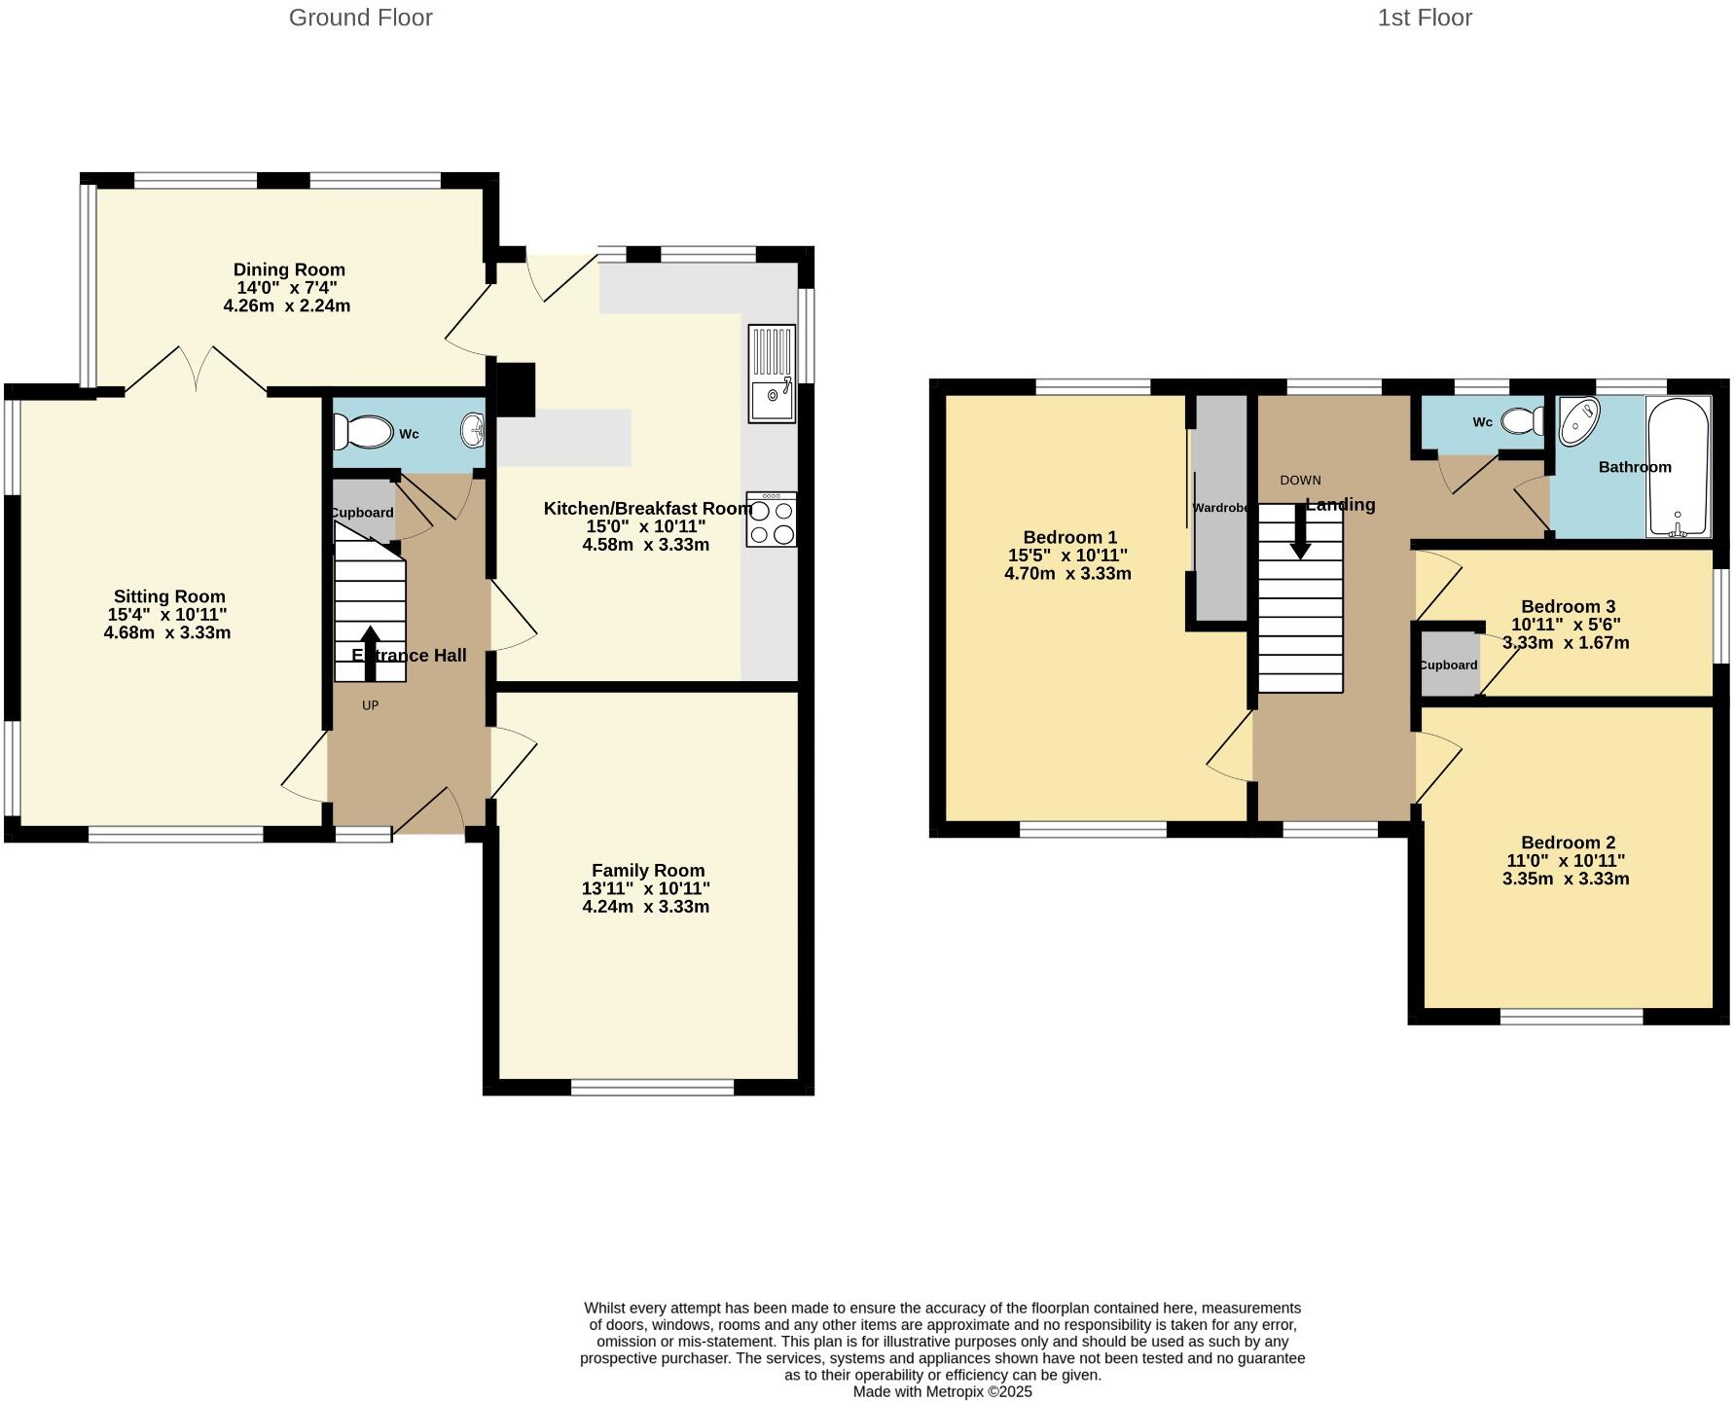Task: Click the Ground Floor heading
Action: pos(360,18)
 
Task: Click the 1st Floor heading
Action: pos(1424,18)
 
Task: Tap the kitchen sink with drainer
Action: pos(772,374)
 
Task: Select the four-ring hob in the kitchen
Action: pos(772,520)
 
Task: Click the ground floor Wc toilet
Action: pos(361,431)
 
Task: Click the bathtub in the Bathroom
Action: pos(1678,466)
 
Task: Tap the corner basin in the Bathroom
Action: pos(1578,420)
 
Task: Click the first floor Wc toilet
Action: pos(1523,420)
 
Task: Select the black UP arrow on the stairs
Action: pos(370,652)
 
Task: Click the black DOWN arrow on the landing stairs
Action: pos(1300,533)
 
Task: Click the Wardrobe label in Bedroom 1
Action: pos(1220,508)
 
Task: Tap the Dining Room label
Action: pos(289,269)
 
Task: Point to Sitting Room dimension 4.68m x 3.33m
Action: pos(167,632)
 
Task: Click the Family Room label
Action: pos(648,871)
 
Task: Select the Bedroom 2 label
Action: pos(1568,843)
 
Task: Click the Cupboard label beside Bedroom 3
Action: pos(1448,665)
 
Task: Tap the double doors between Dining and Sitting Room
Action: pos(196,370)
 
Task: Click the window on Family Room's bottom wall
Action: pos(652,1088)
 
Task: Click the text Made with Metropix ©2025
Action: pos(942,1391)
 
